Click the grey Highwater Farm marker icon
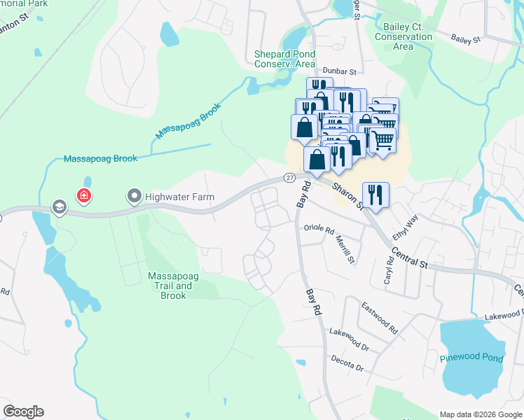(x=134, y=197)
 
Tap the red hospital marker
(x=83, y=195)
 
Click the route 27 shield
(x=289, y=178)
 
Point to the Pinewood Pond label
(x=471, y=358)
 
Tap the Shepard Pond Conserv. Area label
(x=284, y=59)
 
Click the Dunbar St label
(x=340, y=71)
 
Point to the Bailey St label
(x=465, y=39)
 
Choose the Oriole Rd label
(x=319, y=227)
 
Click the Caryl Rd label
(x=389, y=266)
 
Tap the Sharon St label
(x=347, y=195)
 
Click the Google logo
(x=23, y=412)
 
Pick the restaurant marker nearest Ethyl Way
(x=375, y=195)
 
